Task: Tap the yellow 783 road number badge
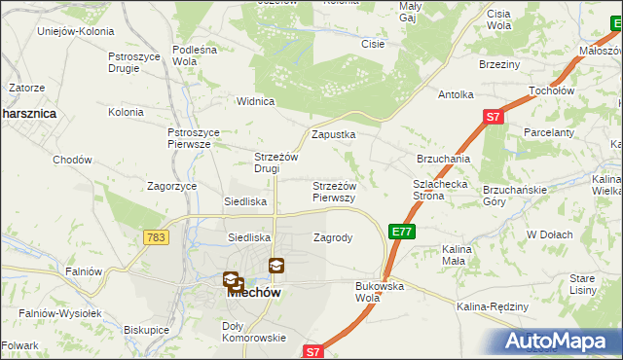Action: coord(155,237)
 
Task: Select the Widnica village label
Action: coord(257,100)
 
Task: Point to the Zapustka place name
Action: coord(333,134)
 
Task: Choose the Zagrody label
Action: coord(332,236)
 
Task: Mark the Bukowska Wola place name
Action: coord(380,291)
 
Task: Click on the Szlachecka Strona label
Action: coord(442,189)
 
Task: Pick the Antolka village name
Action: coord(456,94)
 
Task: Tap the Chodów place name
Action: coord(72,160)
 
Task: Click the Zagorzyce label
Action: coord(171,185)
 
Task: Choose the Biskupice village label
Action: coord(147,329)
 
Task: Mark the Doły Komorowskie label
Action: coord(253,331)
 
